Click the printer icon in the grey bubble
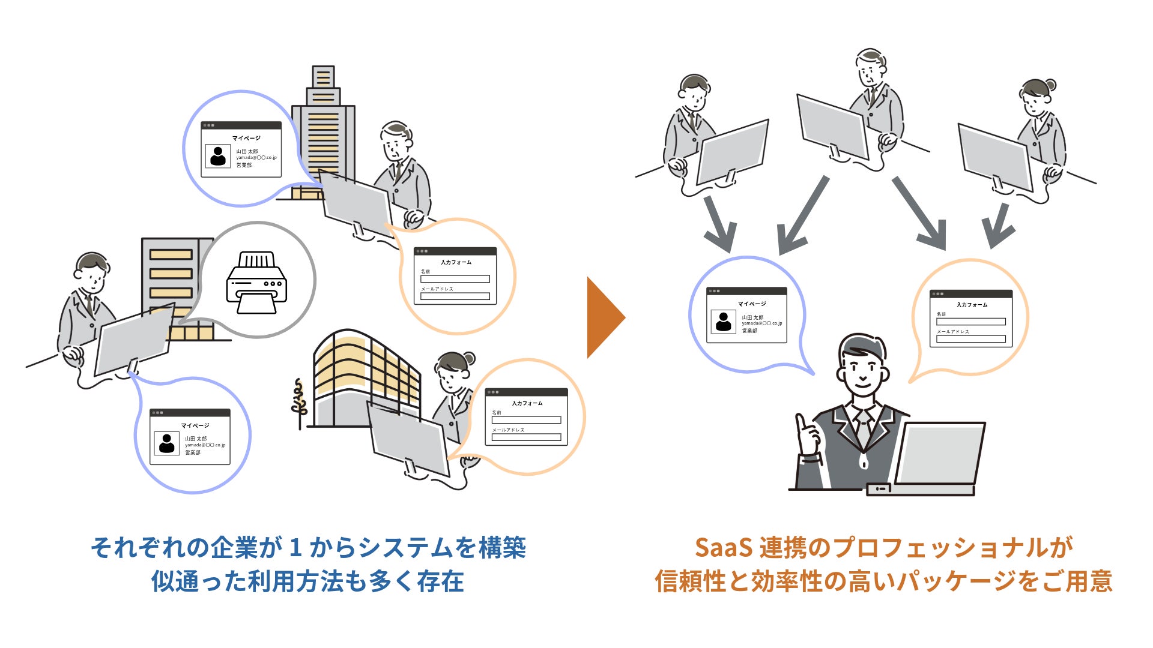click(x=256, y=282)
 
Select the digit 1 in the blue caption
click(x=295, y=548)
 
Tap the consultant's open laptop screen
click(x=940, y=453)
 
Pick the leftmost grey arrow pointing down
click(x=718, y=225)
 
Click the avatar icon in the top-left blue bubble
click(x=218, y=156)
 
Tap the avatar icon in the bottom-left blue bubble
click(x=166, y=443)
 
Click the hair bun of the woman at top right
click(x=1050, y=85)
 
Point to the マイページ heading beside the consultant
click(x=752, y=304)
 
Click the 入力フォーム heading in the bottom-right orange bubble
click(x=527, y=403)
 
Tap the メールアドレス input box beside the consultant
click(x=970, y=339)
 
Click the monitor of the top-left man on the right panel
click(x=733, y=153)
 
